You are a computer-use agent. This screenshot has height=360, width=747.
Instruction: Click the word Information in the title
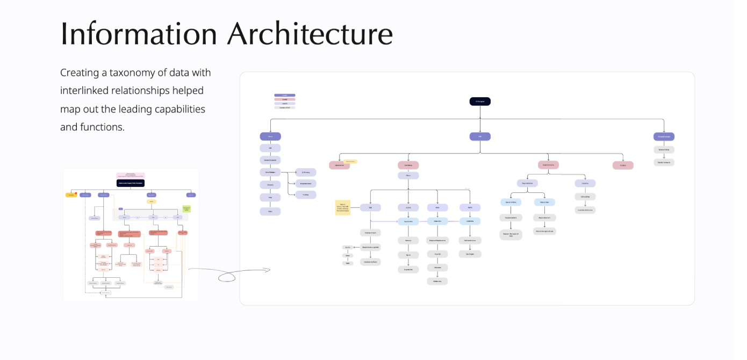[x=138, y=34]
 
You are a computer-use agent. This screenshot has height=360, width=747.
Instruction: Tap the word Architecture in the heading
[x=310, y=34]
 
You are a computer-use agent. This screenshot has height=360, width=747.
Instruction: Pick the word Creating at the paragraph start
[x=80, y=73]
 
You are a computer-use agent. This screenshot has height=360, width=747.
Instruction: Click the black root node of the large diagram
[x=480, y=101]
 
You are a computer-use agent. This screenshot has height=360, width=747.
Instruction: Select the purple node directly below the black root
[x=480, y=136]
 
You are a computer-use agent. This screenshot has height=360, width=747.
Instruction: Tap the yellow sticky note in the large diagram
[x=342, y=207]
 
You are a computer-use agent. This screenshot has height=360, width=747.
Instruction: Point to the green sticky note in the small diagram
[x=186, y=208]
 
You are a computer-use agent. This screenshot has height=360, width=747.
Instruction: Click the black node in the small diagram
[x=131, y=183]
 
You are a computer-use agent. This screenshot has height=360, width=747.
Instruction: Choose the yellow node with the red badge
[x=71, y=195]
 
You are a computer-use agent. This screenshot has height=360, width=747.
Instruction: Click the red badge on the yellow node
[x=76, y=192]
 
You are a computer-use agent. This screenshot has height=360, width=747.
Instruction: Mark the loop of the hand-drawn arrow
[x=227, y=277]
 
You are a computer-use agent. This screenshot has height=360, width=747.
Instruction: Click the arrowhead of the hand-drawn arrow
[x=268, y=270]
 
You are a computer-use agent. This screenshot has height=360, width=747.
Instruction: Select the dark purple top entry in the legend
[x=284, y=95]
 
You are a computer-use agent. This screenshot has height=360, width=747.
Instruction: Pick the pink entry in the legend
[x=284, y=99]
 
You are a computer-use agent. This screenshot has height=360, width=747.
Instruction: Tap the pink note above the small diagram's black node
[x=131, y=175]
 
